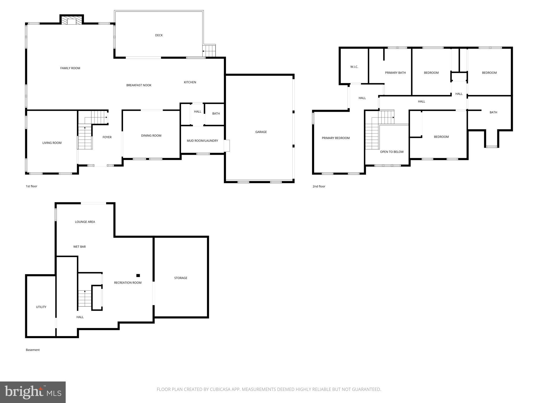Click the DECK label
(159, 35)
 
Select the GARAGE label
(261, 132)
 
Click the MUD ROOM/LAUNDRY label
(202, 141)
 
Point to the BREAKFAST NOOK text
(139, 85)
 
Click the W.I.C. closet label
(354, 67)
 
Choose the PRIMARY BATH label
(395, 73)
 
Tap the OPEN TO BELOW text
(392, 152)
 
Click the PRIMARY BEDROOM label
(336, 138)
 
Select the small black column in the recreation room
(138, 275)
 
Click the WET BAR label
(79, 247)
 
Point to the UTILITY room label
(41, 307)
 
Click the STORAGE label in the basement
(180, 278)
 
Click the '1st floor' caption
(32, 186)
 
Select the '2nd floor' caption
(319, 187)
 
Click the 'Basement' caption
(33, 350)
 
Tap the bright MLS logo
(33, 392)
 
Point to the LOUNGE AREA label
(85, 222)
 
